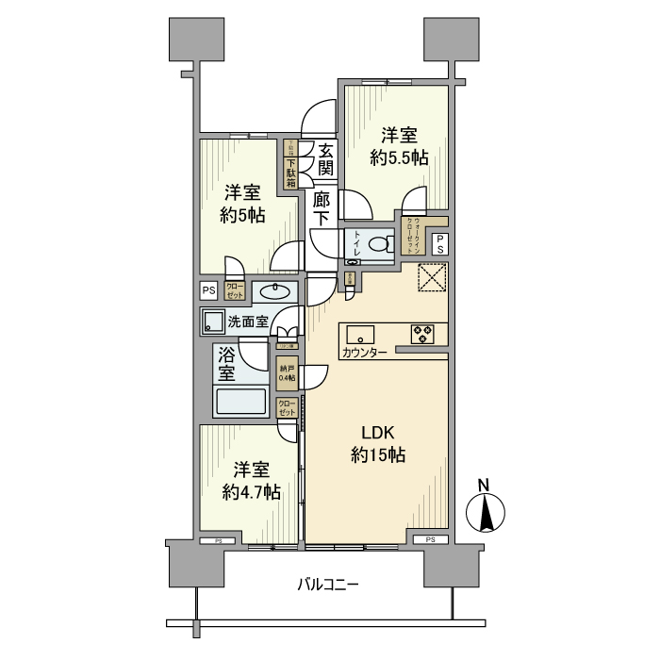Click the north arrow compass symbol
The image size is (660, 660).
pyautogui.click(x=487, y=514)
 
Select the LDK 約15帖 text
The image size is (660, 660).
pyautogui.click(x=377, y=444)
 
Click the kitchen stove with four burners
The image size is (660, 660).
pyautogui.click(x=421, y=334)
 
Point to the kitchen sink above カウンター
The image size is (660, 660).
pyautogui.click(x=361, y=335)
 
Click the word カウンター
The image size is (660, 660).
pyautogui.click(x=364, y=353)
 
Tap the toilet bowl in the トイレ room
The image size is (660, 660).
pyautogui.click(x=378, y=244)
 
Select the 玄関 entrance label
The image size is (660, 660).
pyautogui.click(x=324, y=159)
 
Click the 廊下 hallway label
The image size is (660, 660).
pyautogui.click(x=322, y=209)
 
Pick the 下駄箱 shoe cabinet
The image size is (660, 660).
pyautogui.click(x=291, y=166)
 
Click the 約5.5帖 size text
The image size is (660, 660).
pyautogui.click(x=400, y=159)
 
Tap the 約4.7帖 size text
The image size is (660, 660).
pyautogui.click(x=251, y=491)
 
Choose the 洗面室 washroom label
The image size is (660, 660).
pyautogui.click(x=248, y=322)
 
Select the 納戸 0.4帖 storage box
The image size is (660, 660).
pyautogui.click(x=287, y=373)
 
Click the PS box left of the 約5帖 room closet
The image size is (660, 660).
pyautogui.click(x=208, y=290)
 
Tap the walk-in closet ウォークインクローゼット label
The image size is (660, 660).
pyautogui.click(x=413, y=232)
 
